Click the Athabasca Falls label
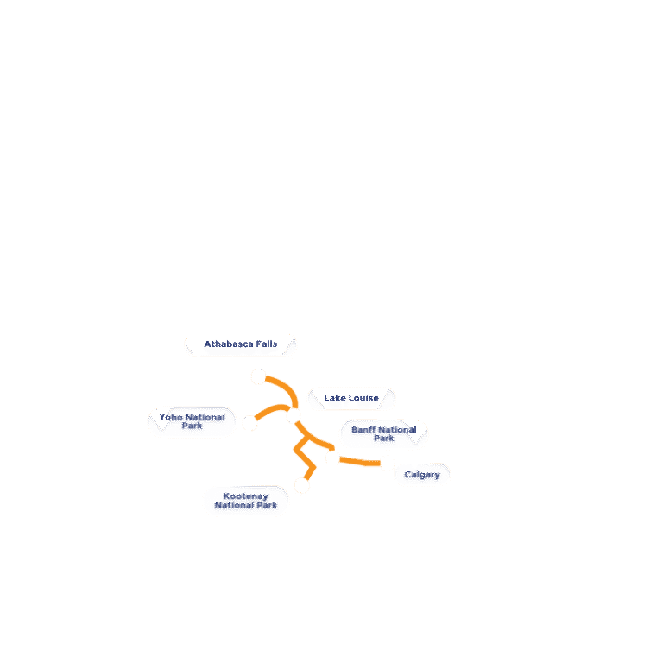tap(241, 344)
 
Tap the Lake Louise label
tap(351, 398)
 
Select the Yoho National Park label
tap(192, 421)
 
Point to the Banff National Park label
tap(384, 434)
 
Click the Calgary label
tap(422, 475)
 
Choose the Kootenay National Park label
tap(246, 501)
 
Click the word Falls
tap(267, 344)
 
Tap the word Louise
tap(363, 398)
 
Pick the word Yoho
tap(171, 417)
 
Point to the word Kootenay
tap(246, 496)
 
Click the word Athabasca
tap(229, 344)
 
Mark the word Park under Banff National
tap(384, 439)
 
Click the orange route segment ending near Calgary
tap(360, 462)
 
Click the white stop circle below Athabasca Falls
tap(258, 376)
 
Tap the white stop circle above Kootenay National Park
tap(302, 485)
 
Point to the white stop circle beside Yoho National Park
tap(249, 422)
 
